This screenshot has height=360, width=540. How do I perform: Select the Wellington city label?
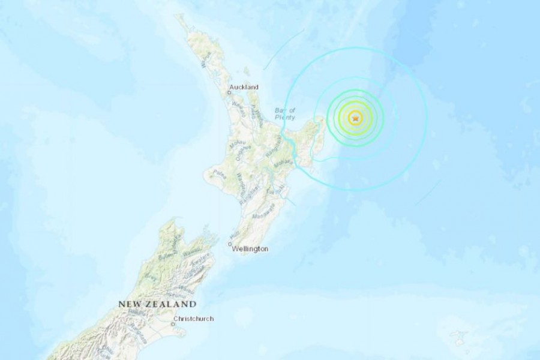(x=252, y=248)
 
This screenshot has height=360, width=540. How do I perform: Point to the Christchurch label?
(x=193, y=319)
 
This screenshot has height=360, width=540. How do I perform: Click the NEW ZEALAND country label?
(x=157, y=305)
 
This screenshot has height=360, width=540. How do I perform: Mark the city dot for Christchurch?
(x=172, y=323)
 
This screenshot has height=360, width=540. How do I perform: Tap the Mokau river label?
(x=238, y=143)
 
